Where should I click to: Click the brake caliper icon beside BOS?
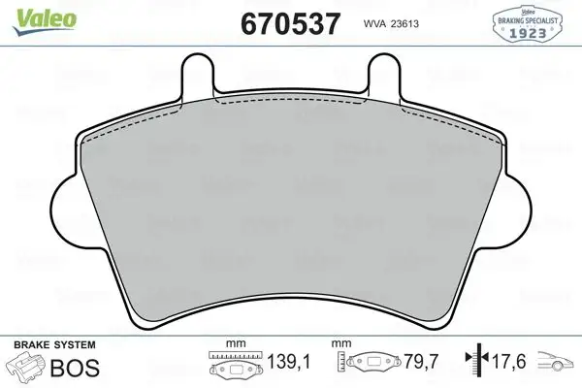click(26, 369)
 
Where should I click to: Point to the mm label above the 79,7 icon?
click(340, 342)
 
